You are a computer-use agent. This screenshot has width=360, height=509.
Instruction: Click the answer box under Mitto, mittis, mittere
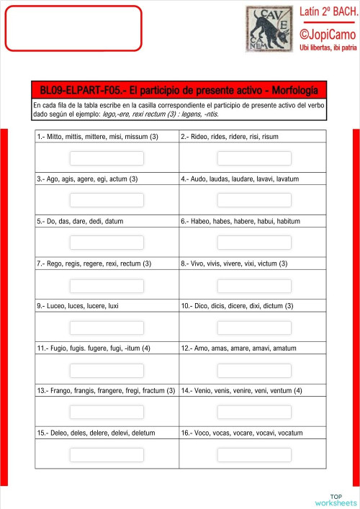(x=107, y=158)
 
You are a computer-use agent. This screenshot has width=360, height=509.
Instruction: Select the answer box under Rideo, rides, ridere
(x=254, y=158)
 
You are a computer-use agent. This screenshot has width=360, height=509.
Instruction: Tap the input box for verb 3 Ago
(x=107, y=199)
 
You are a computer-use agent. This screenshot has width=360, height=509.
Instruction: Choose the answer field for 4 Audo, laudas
(x=254, y=199)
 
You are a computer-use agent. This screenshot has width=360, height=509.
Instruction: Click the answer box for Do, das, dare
(x=107, y=242)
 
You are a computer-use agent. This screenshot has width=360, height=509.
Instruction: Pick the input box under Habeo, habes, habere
(x=254, y=242)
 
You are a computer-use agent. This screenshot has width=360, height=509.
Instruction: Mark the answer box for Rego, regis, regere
(x=107, y=285)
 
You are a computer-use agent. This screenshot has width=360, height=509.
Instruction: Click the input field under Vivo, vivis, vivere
(x=254, y=285)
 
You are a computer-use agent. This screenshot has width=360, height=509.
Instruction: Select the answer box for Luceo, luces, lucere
(x=107, y=328)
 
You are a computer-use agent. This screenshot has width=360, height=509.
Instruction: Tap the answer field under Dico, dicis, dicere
(x=254, y=328)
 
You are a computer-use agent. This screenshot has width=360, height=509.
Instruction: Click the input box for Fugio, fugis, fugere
(x=107, y=370)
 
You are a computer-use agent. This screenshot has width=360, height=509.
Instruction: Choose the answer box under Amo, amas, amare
(x=254, y=370)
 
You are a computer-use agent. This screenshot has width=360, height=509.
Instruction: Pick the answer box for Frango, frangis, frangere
(x=107, y=413)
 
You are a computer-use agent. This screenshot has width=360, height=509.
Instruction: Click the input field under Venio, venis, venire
(x=254, y=413)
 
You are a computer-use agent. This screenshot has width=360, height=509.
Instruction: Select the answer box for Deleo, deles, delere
(x=107, y=455)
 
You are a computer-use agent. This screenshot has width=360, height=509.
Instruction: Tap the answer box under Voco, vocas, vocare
(x=254, y=455)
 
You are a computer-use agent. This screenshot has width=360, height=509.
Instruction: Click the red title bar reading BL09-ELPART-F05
(x=179, y=90)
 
